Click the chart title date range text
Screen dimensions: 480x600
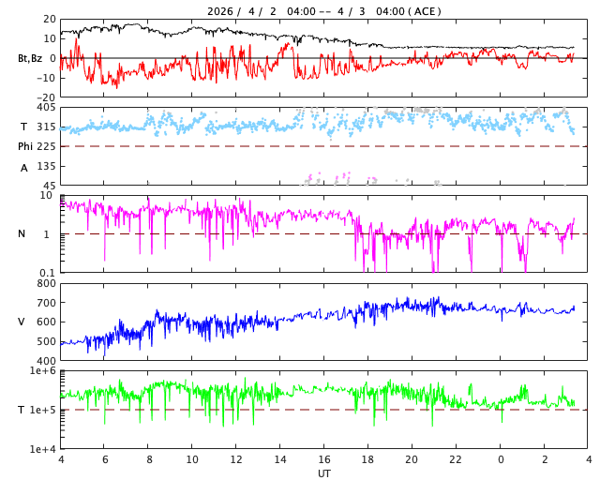(324, 11)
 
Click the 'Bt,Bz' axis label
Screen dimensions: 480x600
(30, 58)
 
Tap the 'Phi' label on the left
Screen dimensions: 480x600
(25, 146)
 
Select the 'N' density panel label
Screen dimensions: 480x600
(22, 233)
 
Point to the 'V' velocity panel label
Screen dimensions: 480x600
(22, 322)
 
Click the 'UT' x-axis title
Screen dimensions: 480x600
(324, 473)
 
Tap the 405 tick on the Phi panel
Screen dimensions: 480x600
(46, 108)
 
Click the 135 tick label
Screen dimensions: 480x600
(46, 166)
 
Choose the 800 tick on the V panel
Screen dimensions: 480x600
(46, 283)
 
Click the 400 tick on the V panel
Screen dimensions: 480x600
(46, 360)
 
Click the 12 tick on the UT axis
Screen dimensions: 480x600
(236, 459)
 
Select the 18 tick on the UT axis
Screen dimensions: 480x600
(368, 459)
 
